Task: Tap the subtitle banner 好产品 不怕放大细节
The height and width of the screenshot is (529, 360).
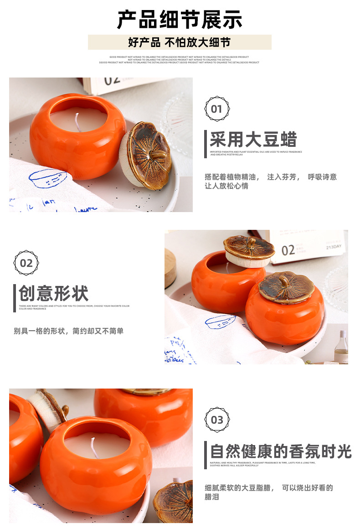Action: click(180, 42)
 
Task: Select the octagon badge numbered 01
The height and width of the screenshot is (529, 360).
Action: click(217, 109)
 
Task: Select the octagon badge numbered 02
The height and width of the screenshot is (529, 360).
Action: click(26, 263)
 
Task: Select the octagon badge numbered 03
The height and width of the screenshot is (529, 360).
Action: click(217, 420)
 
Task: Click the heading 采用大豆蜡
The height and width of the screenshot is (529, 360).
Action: click(253, 140)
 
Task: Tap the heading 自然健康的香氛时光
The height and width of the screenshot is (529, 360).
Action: click(281, 451)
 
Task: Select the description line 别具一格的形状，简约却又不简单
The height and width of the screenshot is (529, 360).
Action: click(68, 331)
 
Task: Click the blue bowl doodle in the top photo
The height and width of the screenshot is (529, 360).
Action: click(47, 178)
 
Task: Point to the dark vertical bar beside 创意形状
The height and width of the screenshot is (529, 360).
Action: click(15, 298)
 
